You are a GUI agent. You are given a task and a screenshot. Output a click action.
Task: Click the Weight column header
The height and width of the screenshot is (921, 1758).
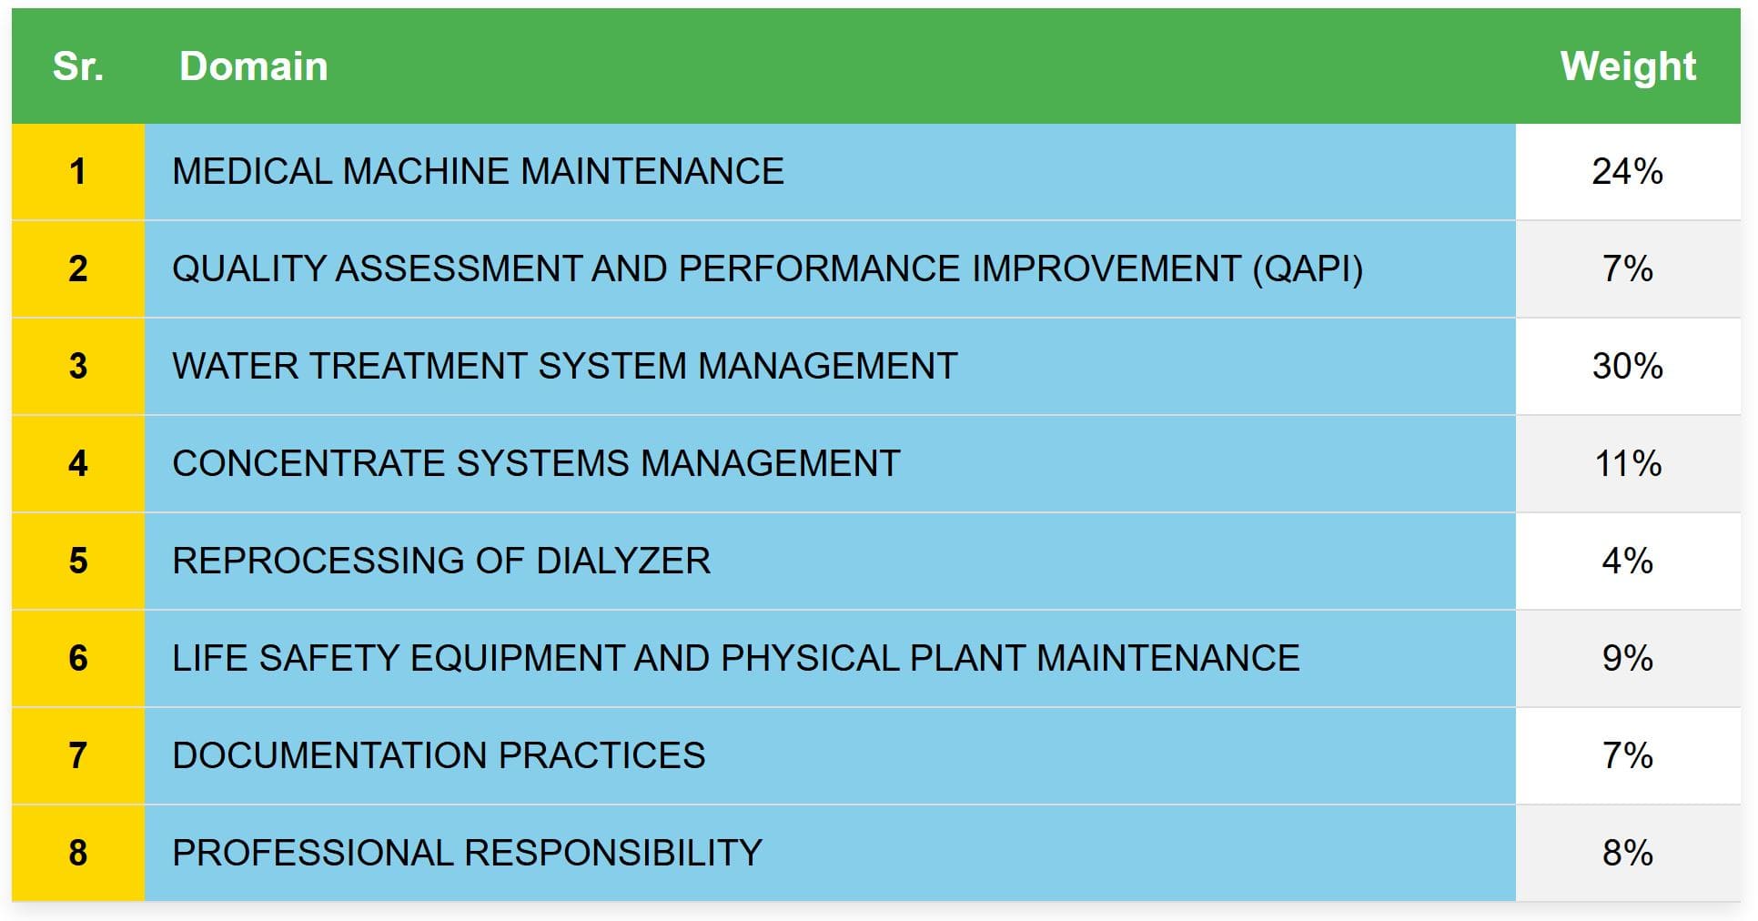click(x=1628, y=66)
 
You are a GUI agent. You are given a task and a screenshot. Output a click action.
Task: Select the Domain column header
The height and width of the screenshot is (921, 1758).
click(x=254, y=66)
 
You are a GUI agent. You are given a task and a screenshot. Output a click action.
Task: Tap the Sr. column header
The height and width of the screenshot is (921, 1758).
click(x=78, y=66)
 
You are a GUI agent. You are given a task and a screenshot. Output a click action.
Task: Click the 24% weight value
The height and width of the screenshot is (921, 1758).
click(x=1627, y=172)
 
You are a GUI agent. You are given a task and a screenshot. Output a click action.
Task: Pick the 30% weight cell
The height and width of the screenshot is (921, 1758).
click(x=1627, y=367)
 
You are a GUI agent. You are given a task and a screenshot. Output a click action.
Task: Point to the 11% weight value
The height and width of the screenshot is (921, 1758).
click(x=1627, y=464)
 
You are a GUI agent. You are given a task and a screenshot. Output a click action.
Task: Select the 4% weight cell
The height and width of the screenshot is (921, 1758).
click(x=1627, y=562)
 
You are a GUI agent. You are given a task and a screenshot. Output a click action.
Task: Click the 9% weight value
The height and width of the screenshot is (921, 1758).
click(x=1627, y=659)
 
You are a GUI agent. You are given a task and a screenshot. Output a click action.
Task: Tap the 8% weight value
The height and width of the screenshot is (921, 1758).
click(x=1627, y=854)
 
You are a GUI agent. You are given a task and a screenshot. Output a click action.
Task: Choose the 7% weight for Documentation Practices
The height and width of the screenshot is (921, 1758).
click(x=1627, y=756)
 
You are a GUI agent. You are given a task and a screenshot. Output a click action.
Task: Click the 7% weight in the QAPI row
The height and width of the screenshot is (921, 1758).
click(x=1627, y=269)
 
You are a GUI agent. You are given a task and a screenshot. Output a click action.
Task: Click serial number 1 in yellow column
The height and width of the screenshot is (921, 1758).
click(x=78, y=172)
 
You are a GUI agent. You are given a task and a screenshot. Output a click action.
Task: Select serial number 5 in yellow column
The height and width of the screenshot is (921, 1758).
click(x=78, y=562)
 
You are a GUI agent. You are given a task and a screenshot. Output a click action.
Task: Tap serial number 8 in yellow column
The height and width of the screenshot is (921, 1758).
click(x=78, y=854)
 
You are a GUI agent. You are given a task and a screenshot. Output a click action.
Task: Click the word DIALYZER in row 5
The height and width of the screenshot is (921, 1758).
click(x=623, y=562)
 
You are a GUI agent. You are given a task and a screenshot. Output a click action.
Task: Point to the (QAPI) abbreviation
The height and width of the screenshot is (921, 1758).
click(x=1308, y=269)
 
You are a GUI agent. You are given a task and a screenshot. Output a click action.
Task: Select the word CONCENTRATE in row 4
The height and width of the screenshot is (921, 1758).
click(x=308, y=464)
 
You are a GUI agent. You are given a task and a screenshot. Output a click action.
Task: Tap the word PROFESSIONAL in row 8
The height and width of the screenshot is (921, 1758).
click(x=313, y=854)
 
